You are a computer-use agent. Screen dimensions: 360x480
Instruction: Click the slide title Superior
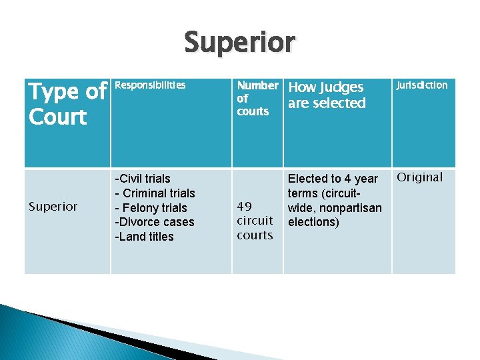(x=239, y=43)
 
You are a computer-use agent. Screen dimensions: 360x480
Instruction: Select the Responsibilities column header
(x=151, y=85)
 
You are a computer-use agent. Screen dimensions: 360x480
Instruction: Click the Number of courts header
(x=257, y=98)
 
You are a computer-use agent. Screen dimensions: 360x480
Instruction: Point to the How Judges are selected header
(x=327, y=95)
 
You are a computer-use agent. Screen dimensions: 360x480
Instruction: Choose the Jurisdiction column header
(x=422, y=85)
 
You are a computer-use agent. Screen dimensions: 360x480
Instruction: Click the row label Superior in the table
(x=54, y=207)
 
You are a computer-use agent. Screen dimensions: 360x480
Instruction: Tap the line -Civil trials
(x=143, y=179)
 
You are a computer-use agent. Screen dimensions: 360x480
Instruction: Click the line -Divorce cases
(x=154, y=222)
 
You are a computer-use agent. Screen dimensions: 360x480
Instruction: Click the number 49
(x=244, y=207)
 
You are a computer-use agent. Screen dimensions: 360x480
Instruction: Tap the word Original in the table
(x=420, y=177)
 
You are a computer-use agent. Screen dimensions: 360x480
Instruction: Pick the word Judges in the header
(x=341, y=87)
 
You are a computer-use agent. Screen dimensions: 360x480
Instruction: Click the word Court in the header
(x=57, y=117)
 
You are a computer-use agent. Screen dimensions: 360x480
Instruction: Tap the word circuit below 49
(x=255, y=221)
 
